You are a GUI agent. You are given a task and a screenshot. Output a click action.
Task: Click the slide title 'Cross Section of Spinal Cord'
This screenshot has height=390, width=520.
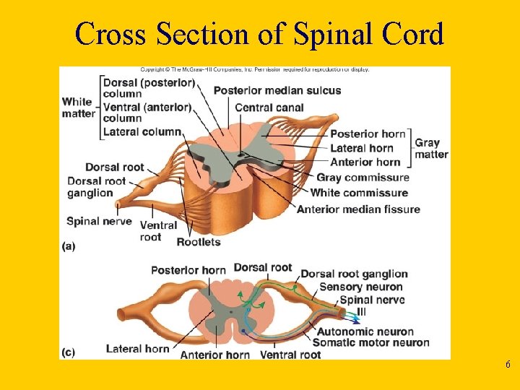(x=259, y=33)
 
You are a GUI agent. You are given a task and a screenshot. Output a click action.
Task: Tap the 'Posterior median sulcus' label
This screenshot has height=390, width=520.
(x=277, y=90)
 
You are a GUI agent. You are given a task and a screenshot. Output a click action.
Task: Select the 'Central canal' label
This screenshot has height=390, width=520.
(x=269, y=108)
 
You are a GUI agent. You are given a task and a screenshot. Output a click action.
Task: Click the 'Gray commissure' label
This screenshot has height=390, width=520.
(x=363, y=178)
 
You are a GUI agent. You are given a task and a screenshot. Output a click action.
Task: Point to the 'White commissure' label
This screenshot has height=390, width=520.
(x=359, y=193)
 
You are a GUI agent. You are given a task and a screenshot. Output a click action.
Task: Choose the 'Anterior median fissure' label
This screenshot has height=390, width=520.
(x=358, y=209)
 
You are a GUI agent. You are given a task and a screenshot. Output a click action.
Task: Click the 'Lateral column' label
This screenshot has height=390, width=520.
(x=142, y=132)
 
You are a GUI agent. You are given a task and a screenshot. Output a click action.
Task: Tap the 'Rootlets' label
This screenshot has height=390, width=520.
(x=198, y=242)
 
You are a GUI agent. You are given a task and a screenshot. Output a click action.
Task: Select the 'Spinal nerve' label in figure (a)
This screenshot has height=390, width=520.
(x=99, y=221)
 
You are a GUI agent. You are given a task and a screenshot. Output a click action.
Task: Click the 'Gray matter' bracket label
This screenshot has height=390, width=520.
(x=431, y=148)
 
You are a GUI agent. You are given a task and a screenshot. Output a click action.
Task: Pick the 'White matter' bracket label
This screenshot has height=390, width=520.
(x=78, y=108)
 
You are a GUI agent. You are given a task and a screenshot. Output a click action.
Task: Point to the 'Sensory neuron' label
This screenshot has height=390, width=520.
(x=361, y=287)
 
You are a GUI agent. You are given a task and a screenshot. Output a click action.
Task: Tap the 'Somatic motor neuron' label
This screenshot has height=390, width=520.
(x=370, y=343)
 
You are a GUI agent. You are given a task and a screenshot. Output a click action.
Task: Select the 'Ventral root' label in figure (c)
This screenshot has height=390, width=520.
(x=290, y=355)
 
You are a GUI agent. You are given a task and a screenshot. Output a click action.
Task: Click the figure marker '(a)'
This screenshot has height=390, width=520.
(x=69, y=246)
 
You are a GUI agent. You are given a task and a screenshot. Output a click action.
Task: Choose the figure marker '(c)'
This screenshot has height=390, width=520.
(x=69, y=352)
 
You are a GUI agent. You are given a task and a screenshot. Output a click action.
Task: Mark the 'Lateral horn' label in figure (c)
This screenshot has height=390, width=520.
(x=137, y=349)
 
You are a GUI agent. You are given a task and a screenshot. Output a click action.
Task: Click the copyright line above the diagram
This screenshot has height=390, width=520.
(x=255, y=69)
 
